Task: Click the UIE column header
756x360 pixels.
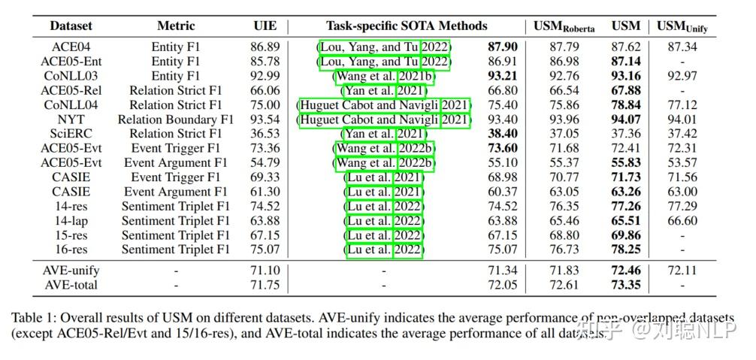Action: click(x=265, y=26)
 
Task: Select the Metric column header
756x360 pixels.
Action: click(x=176, y=26)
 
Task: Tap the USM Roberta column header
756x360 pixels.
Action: click(x=564, y=26)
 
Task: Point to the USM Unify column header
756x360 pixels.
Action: click(x=682, y=26)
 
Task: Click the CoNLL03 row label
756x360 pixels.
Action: click(x=71, y=76)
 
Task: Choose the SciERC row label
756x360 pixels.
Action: click(x=71, y=134)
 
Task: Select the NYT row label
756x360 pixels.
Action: click(x=71, y=119)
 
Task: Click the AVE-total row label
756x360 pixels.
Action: click(x=71, y=285)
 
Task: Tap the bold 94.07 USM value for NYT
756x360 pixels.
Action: click(x=626, y=119)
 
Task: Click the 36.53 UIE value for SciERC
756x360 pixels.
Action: click(x=265, y=134)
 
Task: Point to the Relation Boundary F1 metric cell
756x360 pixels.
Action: click(x=176, y=119)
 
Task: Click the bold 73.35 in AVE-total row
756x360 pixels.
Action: click(x=626, y=285)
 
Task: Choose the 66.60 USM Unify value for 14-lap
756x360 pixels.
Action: click(x=682, y=221)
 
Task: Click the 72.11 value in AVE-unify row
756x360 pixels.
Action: click(x=682, y=271)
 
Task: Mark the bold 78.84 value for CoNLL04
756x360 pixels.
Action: click(x=626, y=105)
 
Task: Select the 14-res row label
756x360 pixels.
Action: click(x=71, y=206)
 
